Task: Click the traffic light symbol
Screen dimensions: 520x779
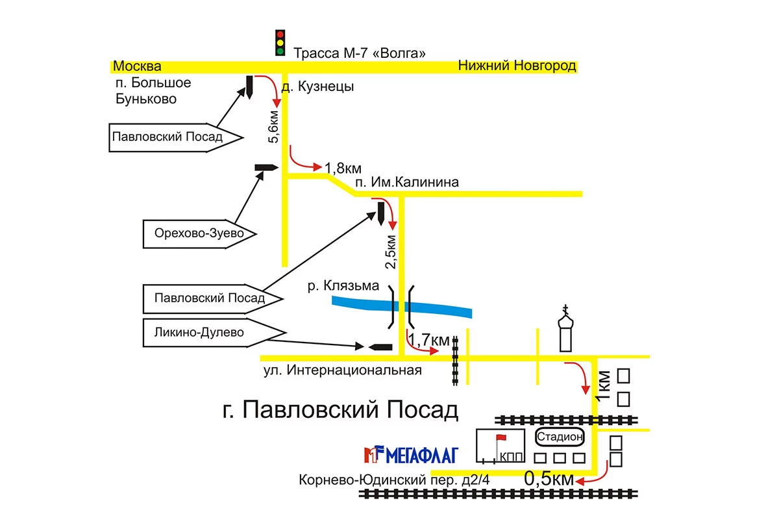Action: (x=280, y=42)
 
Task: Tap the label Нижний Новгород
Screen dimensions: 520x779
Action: (x=517, y=66)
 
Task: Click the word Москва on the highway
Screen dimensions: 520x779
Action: (x=136, y=66)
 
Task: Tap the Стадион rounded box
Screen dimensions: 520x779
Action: (x=560, y=437)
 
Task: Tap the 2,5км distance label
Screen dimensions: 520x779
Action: (x=390, y=252)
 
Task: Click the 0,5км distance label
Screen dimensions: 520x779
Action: (x=549, y=479)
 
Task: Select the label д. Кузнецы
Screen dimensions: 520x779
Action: (x=317, y=87)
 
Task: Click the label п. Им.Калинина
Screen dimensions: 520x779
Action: (x=407, y=182)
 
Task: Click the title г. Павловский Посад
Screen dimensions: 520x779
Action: (x=340, y=410)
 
